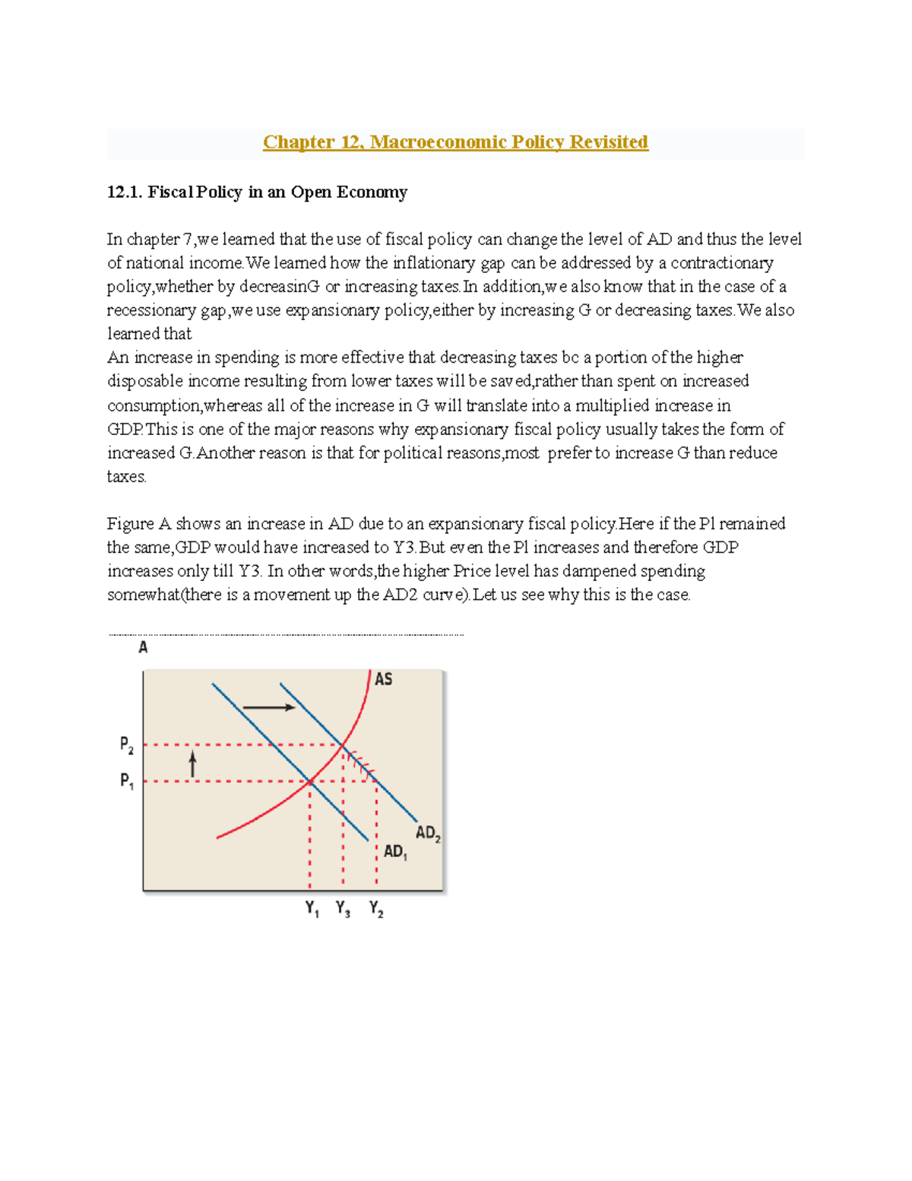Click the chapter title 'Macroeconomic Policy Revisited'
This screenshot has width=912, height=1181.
pos(508,142)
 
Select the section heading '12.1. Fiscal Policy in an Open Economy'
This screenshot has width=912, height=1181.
pos(257,192)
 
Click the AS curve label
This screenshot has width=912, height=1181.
pos(384,679)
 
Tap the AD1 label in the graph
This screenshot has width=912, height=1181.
pos(395,852)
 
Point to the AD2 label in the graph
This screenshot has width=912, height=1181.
pos(428,833)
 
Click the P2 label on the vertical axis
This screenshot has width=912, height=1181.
pos(127,744)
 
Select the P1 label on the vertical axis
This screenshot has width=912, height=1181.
pos(127,781)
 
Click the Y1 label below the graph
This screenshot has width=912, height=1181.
pos(312,909)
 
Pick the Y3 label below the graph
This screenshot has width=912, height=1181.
pos(343,909)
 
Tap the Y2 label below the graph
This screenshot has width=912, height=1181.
pos(376,909)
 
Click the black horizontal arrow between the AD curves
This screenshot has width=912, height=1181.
pos(268,707)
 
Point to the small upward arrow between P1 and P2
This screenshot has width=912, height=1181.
pos(193,764)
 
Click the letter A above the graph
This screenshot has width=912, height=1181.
pos(143,648)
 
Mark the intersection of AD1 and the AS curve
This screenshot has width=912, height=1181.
pos(310,781)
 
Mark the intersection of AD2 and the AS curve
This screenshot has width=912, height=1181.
pos(344,744)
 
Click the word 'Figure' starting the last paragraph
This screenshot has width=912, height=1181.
pos(130,524)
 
